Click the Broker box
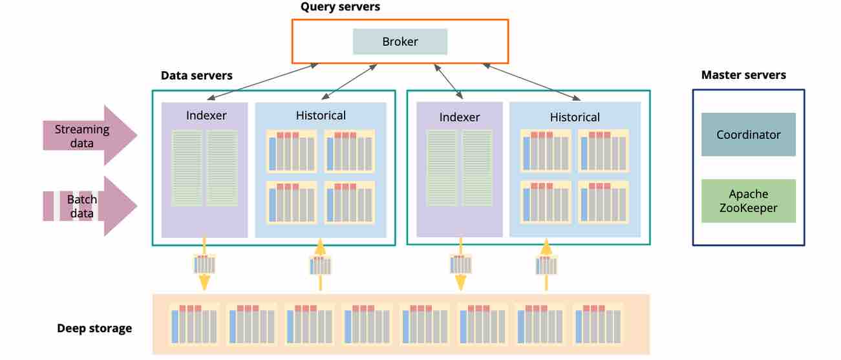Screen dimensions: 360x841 point(400,41)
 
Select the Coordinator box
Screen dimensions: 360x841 point(749,134)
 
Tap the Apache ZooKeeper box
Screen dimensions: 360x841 point(749,201)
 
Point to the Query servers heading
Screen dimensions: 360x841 point(341,7)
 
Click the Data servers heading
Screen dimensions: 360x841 point(197,76)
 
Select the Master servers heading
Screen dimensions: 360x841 point(743,75)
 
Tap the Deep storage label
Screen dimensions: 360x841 point(94,328)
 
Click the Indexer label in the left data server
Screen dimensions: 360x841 point(206,116)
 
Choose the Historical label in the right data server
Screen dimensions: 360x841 point(575,117)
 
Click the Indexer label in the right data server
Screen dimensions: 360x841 point(460,117)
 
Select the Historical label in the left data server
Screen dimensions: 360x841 point(321,116)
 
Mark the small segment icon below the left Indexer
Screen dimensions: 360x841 point(204,264)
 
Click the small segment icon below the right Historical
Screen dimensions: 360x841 point(546,265)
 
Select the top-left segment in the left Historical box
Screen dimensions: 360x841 point(292,151)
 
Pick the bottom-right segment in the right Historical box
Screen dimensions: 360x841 point(603,202)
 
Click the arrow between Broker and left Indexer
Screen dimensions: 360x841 point(259,81)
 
